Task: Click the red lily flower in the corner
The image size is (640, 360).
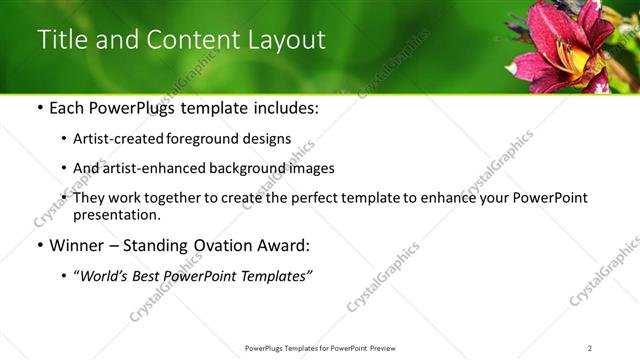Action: (x=565, y=45)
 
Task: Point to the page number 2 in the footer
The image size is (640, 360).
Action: (x=590, y=347)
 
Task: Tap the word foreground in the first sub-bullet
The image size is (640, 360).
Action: (x=212, y=139)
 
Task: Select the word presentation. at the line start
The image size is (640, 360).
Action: (x=116, y=214)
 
